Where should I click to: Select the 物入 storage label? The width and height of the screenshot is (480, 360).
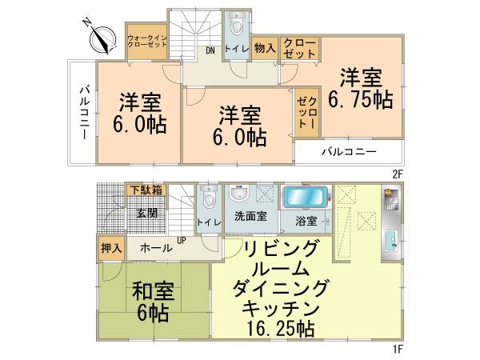pyautogui.click(x=265, y=48)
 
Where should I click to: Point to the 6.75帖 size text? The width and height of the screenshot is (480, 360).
pyautogui.click(x=360, y=101)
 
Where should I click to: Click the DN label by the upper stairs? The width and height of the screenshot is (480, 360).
pyautogui.click(x=210, y=51)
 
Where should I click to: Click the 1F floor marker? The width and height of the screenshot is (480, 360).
pyautogui.click(x=397, y=349)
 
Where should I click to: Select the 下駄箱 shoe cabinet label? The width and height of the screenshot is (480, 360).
pyautogui.click(x=146, y=190)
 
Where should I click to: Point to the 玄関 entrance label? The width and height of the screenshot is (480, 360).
pyautogui.click(x=146, y=214)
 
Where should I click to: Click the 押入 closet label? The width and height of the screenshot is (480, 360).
pyautogui.click(x=111, y=248)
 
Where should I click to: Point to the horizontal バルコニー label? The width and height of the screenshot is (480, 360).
pyautogui.click(x=350, y=150)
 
